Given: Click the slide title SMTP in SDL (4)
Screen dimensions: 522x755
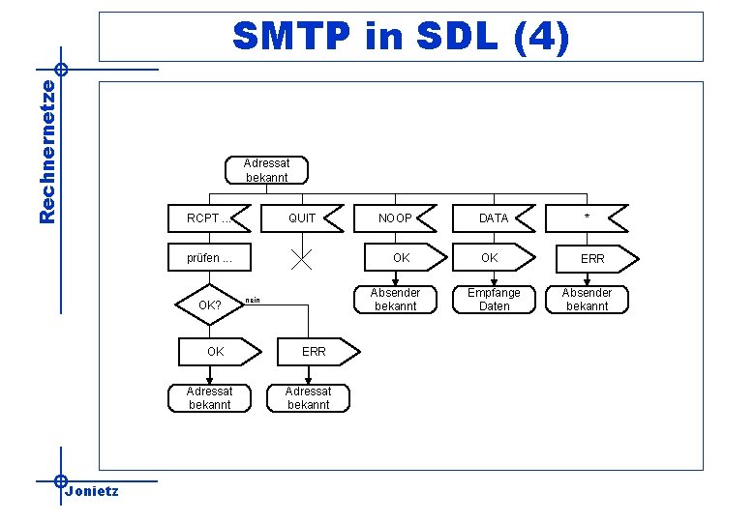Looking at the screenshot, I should pyautogui.click(x=401, y=38).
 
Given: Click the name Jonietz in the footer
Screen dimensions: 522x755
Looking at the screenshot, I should pyautogui.click(x=91, y=491).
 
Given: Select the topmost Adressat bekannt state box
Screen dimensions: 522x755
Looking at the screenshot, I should pyautogui.click(x=267, y=170).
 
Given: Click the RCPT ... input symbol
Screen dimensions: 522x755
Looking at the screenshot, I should pyautogui.click(x=210, y=218).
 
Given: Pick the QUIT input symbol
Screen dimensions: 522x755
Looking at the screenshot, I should pyautogui.click(x=302, y=218).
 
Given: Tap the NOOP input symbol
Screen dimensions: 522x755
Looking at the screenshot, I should pyautogui.click(x=395, y=218).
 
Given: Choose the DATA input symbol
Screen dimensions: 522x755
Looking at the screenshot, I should pyautogui.click(x=494, y=218).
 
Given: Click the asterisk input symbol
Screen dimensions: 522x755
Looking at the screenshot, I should pyautogui.click(x=587, y=218).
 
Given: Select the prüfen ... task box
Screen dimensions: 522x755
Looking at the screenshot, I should pyautogui.click(x=210, y=259).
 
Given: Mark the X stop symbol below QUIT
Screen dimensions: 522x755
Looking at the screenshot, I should pyautogui.click(x=302, y=258).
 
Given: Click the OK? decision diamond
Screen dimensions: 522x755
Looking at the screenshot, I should pyautogui.click(x=210, y=305).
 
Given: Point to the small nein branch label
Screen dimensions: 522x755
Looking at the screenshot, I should pyautogui.click(x=253, y=301).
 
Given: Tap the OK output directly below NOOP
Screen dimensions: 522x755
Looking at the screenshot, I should pyautogui.click(x=401, y=258).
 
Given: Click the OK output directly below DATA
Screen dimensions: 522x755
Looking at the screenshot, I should pyautogui.click(x=492, y=258).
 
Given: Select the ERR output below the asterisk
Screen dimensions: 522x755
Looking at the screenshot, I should pyautogui.click(x=592, y=259).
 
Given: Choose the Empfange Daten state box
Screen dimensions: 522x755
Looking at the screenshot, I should pyautogui.click(x=494, y=300).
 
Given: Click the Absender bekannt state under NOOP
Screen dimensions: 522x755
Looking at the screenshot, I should pyautogui.click(x=395, y=300).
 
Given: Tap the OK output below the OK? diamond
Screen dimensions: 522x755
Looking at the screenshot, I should pyautogui.click(x=217, y=352).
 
